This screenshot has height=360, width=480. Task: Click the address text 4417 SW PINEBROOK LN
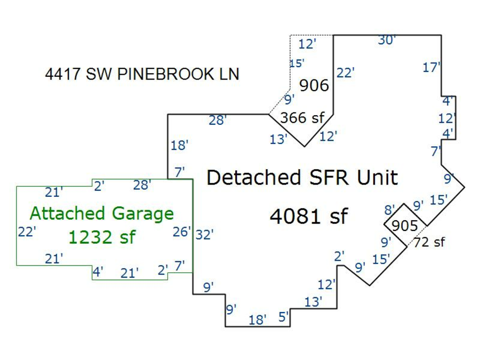click(x=142, y=74)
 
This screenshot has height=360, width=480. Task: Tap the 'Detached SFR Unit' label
click(x=302, y=178)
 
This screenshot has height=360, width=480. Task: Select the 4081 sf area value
click(x=309, y=217)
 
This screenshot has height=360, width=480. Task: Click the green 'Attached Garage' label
click(x=102, y=213)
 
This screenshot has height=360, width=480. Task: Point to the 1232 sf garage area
click(x=102, y=237)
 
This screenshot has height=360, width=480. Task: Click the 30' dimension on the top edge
click(x=387, y=40)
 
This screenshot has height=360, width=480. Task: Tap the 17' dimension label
click(x=431, y=68)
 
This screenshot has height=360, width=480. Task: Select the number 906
click(x=314, y=85)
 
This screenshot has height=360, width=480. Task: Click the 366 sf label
click(x=302, y=118)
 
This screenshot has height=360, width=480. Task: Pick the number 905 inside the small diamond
click(x=405, y=226)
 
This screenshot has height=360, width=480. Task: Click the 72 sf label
click(x=429, y=242)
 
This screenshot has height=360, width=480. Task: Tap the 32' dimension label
click(x=204, y=235)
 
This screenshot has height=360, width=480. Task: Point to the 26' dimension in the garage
click(x=182, y=232)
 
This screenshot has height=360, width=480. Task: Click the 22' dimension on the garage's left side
click(x=27, y=232)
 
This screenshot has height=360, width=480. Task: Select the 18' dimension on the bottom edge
click(x=258, y=320)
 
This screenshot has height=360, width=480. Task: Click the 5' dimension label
click(x=283, y=317)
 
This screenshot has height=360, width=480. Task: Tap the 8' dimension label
click(x=390, y=210)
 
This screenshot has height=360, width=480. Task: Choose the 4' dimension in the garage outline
click(x=98, y=272)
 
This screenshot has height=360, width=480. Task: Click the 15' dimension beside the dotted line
click(x=297, y=63)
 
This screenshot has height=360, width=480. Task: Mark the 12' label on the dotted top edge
click(x=307, y=44)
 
